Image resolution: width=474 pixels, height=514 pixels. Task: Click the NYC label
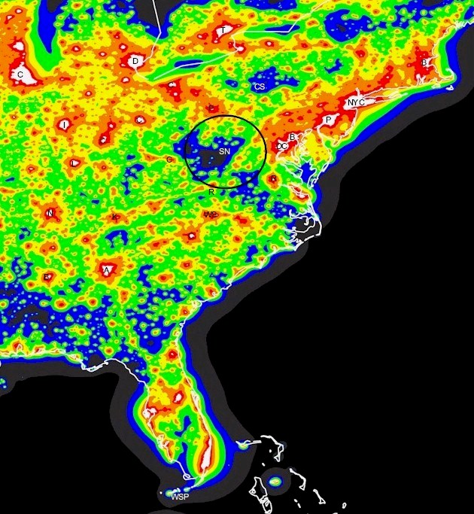[355, 102]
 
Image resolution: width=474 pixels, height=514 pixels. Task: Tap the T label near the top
[223, 30]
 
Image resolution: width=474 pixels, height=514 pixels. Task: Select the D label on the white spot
[135, 61]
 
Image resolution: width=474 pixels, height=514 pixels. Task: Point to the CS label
[260, 87]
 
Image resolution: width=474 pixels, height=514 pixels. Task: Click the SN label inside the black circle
[224, 151]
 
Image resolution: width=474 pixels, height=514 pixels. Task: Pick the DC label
[282, 146]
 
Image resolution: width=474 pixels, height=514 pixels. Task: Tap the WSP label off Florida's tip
[180, 497]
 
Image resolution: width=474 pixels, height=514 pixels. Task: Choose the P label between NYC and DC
[328, 120]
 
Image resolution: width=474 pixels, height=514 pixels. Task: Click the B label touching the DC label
[292, 137]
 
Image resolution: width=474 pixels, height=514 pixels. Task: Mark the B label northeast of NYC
[424, 62]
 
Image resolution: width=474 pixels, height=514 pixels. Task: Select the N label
[50, 214]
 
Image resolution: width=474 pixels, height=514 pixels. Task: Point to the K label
[114, 217]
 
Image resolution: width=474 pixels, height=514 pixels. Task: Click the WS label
[211, 214]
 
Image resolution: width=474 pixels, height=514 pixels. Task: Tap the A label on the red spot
[106, 270]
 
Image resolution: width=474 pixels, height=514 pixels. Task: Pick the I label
[65, 124]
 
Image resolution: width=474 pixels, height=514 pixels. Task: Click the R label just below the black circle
[211, 192]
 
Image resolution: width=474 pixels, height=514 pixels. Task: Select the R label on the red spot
[273, 179]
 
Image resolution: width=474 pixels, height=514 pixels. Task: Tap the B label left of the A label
[47, 277]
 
